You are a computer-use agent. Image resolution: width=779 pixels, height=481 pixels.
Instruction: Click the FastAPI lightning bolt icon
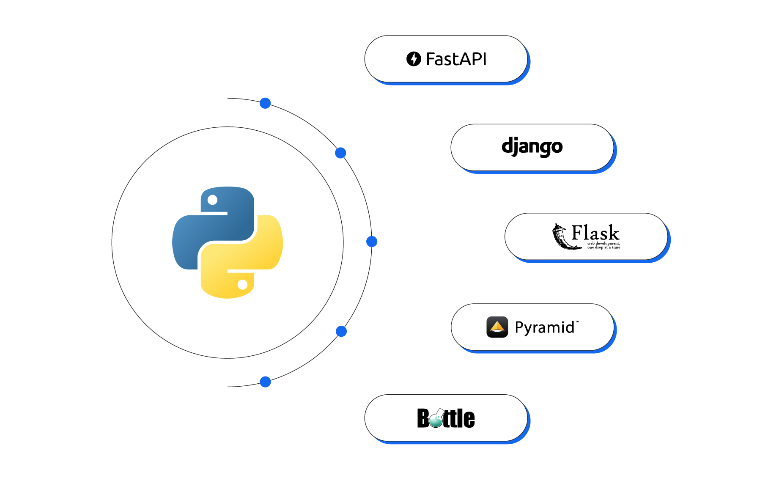pyautogui.click(x=414, y=59)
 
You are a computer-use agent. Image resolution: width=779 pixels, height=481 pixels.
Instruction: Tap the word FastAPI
pyautogui.click(x=456, y=59)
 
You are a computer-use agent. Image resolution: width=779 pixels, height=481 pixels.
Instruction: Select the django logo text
pyautogui.click(x=532, y=147)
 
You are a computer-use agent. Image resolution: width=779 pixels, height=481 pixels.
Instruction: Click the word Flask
pyautogui.click(x=595, y=233)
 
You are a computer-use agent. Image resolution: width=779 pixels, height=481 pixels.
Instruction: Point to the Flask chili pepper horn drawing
pyautogui.click(x=563, y=238)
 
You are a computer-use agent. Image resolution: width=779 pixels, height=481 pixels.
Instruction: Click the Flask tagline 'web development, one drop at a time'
pyautogui.click(x=603, y=245)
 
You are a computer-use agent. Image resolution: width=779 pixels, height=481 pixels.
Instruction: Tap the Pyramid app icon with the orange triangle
pyautogui.click(x=497, y=327)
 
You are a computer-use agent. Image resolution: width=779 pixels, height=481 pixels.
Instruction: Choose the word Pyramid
pyautogui.click(x=544, y=327)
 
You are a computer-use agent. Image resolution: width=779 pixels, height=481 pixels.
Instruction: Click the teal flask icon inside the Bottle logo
pyautogui.click(x=436, y=419)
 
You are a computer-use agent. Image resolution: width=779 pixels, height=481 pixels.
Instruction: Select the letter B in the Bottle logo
pyautogui.click(x=423, y=418)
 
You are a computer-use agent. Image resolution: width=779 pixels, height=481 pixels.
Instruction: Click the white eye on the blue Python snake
pyautogui.click(x=213, y=200)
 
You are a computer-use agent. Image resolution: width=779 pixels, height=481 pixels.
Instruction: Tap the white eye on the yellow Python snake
pyautogui.click(x=242, y=285)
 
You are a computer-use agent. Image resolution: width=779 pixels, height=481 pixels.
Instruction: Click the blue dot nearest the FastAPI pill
pyautogui.click(x=265, y=103)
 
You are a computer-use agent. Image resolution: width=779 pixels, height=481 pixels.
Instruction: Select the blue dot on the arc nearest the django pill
pyautogui.click(x=340, y=153)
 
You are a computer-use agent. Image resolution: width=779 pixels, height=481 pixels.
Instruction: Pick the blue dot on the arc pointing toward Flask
pyautogui.click(x=372, y=242)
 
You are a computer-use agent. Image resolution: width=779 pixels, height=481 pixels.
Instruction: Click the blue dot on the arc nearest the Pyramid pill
pyautogui.click(x=341, y=331)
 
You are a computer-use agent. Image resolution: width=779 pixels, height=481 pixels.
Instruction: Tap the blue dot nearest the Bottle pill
pyautogui.click(x=265, y=382)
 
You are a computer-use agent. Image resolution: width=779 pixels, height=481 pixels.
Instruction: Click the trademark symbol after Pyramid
pyautogui.click(x=577, y=322)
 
